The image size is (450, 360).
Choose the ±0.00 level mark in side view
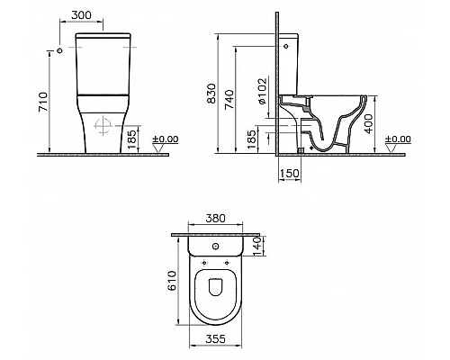pos(396,139)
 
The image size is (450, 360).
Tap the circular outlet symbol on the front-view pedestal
pos(101,126)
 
